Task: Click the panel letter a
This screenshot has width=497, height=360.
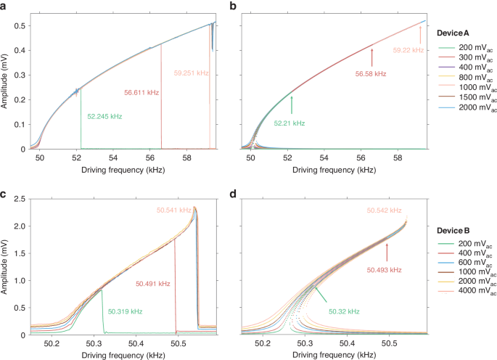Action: tap(4, 7)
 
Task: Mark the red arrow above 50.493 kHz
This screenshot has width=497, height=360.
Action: tap(387, 252)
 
